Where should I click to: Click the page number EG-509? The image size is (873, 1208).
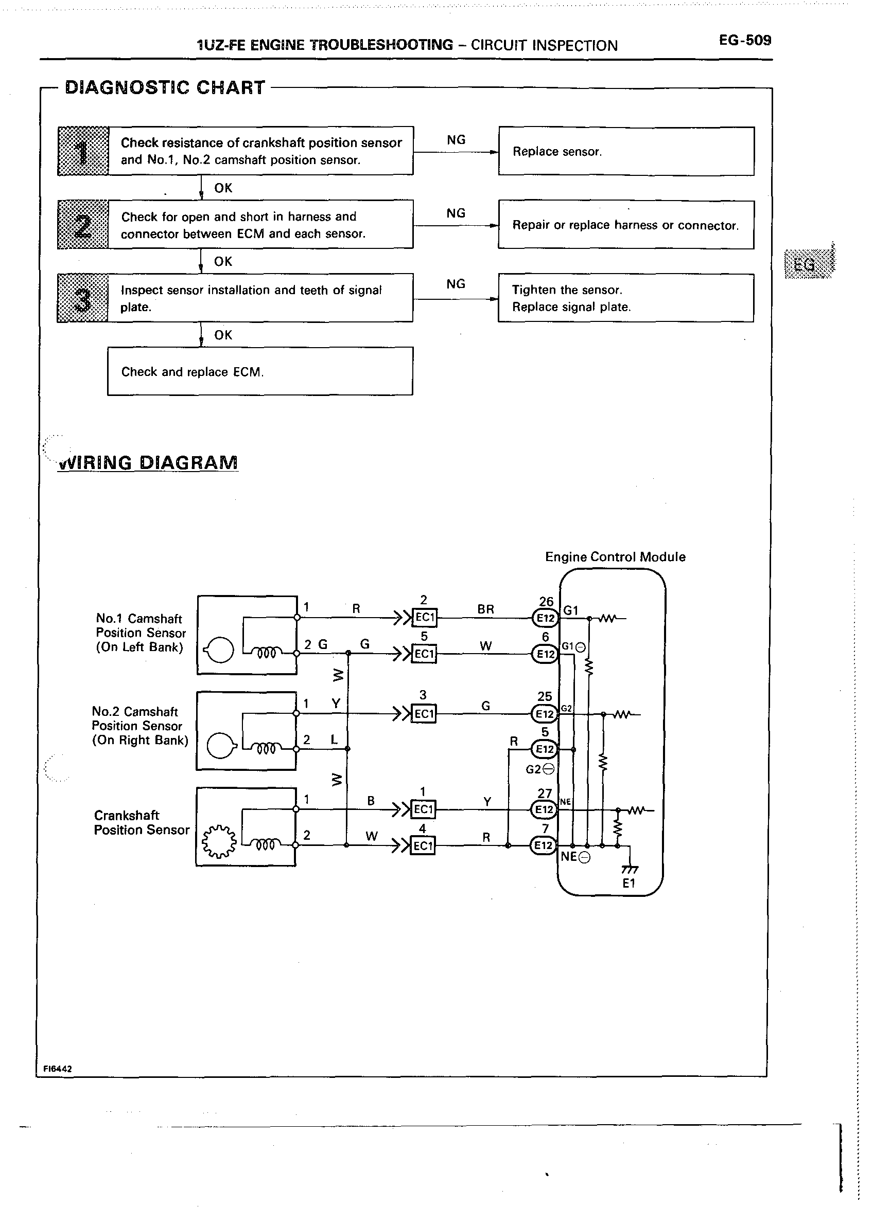pyautogui.click(x=744, y=41)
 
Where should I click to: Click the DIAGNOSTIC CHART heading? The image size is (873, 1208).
pyautogui.click(x=165, y=88)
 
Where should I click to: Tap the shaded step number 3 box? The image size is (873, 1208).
pyautogui.click(x=82, y=298)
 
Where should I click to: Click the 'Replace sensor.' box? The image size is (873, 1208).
pyautogui.click(x=626, y=151)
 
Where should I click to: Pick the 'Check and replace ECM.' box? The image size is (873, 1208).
pyautogui.click(x=260, y=371)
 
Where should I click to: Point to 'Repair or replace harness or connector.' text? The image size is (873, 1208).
pyautogui.click(x=625, y=225)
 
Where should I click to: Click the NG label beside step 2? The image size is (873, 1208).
pyautogui.click(x=456, y=213)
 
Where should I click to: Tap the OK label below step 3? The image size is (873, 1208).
pyautogui.click(x=223, y=335)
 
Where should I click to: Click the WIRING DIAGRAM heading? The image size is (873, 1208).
pyautogui.click(x=148, y=462)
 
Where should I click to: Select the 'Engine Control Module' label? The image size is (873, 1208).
pyautogui.click(x=615, y=556)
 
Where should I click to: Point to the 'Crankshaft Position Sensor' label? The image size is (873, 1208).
pyautogui.click(x=141, y=822)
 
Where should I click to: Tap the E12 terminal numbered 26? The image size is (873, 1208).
pyautogui.click(x=545, y=618)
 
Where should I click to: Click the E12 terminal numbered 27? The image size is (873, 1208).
pyautogui.click(x=544, y=809)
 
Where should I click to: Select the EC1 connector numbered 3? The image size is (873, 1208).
pyautogui.click(x=424, y=714)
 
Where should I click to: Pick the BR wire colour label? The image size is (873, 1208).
pyautogui.click(x=485, y=609)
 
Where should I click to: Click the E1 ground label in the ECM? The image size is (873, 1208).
pyautogui.click(x=629, y=884)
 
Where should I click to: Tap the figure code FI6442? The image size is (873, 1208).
pyautogui.click(x=58, y=1069)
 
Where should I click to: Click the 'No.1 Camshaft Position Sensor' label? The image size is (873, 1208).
pyautogui.click(x=140, y=633)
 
